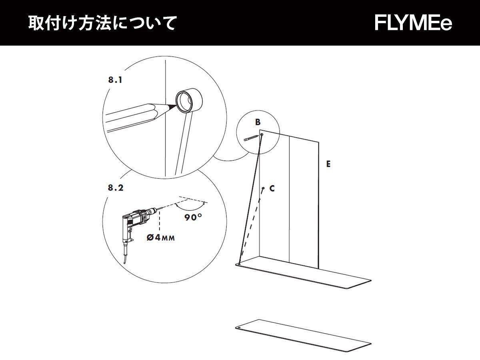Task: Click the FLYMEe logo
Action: (413, 23)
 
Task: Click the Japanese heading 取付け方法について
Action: (102, 23)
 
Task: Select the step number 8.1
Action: (115, 80)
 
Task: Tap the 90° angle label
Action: (193, 218)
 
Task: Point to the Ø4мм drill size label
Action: (160, 237)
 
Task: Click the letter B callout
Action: (258, 122)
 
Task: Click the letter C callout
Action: (272, 188)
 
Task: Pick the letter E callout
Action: (328, 164)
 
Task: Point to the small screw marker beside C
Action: (263, 188)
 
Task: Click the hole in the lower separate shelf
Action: (238, 327)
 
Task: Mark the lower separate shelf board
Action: (304, 337)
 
